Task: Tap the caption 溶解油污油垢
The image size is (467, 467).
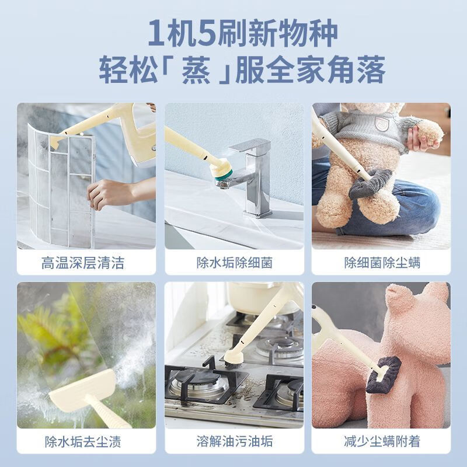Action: [233, 441]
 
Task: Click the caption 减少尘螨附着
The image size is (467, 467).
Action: [382, 441]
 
